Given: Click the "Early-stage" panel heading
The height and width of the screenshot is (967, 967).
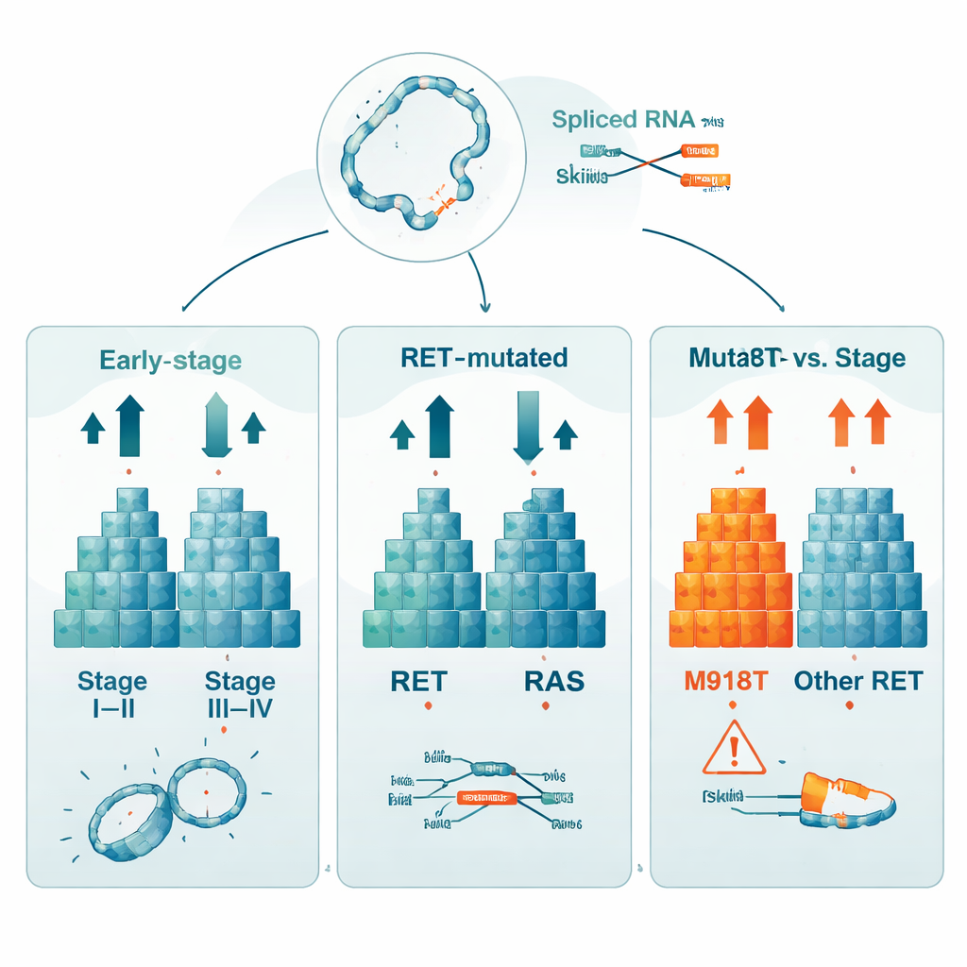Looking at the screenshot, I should [x=170, y=360].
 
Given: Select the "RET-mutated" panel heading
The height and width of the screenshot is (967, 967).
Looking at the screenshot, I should [x=483, y=358].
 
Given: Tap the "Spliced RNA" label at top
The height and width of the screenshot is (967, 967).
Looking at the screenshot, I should [x=623, y=120].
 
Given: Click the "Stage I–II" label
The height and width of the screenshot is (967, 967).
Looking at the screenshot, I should [x=112, y=694].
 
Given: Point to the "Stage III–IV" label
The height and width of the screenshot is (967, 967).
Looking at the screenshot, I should [x=240, y=694].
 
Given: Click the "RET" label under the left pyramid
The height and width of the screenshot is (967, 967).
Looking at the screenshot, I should [x=417, y=681].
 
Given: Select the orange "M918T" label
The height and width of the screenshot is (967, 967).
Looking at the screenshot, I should [x=723, y=681].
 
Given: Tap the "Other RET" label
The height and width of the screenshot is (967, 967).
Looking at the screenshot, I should [x=857, y=681].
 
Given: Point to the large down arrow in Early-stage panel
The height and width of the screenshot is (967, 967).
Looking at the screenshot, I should [x=217, y=425].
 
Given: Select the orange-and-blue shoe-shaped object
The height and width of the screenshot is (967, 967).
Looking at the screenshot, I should [x=847, y=801].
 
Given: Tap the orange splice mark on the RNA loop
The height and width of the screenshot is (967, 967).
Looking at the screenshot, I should [x=440, y=199].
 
